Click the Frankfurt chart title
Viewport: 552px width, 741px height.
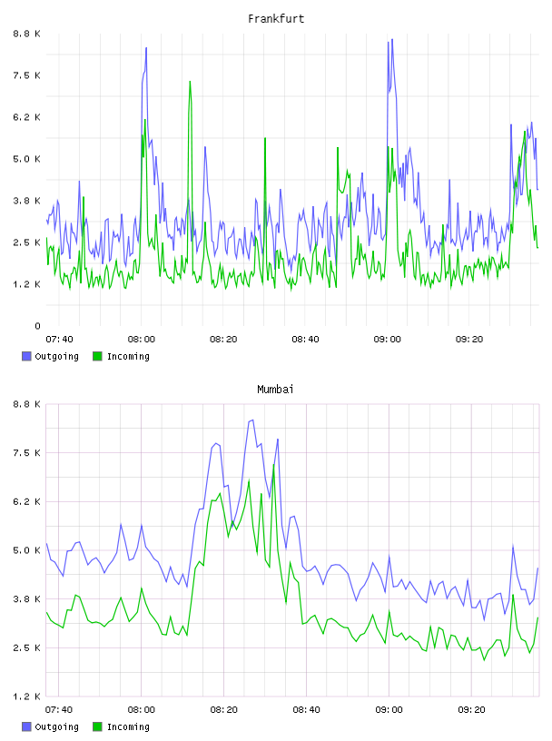(276, 19)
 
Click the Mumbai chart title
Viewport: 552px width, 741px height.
(275, 390)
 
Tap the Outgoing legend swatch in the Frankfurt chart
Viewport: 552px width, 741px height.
(26, 356)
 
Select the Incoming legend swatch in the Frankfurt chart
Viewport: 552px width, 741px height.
(97, 356)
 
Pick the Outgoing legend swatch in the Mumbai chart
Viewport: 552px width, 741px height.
(26, 726)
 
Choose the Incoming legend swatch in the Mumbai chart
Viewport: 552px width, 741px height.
(97, 726)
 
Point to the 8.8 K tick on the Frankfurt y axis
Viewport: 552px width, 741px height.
(27, 34)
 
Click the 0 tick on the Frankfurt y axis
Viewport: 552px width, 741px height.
(37, 326)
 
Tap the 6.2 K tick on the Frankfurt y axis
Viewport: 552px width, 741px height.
(27, 117)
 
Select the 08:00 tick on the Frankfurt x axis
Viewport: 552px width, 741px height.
(142, 340)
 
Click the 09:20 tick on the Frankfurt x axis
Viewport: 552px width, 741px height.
(469, 340)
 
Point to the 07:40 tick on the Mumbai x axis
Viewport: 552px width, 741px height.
(59, 710)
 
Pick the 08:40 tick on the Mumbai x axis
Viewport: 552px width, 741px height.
(306, 710)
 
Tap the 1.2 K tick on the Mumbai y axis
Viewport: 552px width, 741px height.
(27, 697)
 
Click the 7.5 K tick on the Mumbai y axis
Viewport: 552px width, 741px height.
(27, 453)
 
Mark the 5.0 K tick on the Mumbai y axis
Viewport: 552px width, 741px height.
(27, 550)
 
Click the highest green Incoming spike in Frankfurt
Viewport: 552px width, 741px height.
(190, 82)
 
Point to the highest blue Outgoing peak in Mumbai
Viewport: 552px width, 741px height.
(251, 420)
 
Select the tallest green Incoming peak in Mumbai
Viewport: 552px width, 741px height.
(273, 466)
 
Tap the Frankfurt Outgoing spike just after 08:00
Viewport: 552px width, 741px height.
(146, 48)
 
